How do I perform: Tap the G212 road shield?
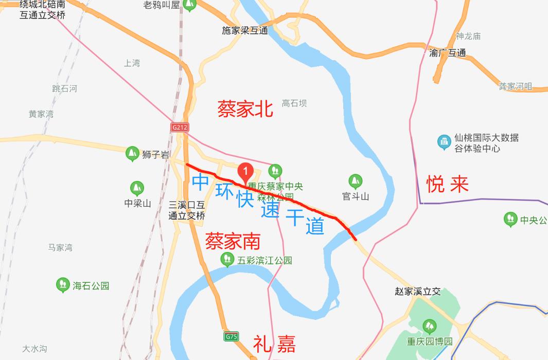coord(180,126)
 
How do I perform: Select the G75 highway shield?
coord(232,337)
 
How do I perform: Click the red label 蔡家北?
coord(245,109)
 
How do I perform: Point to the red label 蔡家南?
coord(233,241)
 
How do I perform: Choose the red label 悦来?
coord(448,184)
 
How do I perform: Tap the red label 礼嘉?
coord(274,344)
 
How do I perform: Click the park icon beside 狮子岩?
coord(132,153)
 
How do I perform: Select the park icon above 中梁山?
coord(137,188)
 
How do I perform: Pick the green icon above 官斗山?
coord(355,181)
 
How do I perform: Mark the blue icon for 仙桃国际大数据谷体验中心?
coord(444,142)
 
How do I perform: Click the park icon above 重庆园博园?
coord(429,326)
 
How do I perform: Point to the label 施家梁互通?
coord(245,30)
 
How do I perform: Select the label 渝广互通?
coord(447,52)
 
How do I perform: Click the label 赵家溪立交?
coord(418,292)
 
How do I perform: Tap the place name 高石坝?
coord(294,103)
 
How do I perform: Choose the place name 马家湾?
coord(60,247)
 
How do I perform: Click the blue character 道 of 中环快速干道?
coord(314,226)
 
